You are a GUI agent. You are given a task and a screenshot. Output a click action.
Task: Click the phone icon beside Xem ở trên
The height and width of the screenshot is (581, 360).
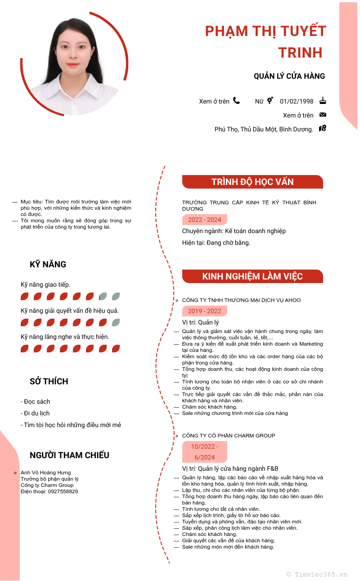(x=236, y=101)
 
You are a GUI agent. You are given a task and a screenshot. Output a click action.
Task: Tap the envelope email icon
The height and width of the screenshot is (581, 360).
(x=323, y=115)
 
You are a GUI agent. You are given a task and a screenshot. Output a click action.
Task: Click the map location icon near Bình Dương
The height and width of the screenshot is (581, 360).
(x=322, y=128)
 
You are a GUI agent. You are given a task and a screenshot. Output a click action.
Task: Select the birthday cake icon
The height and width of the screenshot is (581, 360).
(x=323, y=101)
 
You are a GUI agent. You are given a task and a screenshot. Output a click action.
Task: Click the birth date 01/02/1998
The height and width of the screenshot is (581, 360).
(x=297, y=101)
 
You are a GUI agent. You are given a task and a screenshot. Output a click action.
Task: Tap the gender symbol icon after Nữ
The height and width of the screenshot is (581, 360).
(x=270, y=101)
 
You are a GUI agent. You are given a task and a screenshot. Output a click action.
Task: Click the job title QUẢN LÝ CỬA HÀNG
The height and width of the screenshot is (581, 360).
(x=289, y=76)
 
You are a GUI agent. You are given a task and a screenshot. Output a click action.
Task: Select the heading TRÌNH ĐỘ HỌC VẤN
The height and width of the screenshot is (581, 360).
(x=252, y=182)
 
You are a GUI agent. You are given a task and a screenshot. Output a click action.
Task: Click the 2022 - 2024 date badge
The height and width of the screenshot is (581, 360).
(x=205, y=220)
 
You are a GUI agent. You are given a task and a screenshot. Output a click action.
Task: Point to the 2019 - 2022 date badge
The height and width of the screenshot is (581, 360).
(x=205, y=311)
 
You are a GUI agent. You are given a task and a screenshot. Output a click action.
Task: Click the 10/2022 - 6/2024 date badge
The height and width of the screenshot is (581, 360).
(x=205, y=452)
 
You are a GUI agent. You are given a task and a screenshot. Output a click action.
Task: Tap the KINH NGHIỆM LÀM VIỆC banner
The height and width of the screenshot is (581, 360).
(x=252, y=276)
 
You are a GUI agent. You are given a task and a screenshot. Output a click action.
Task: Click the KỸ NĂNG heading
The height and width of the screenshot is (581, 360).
(x=48, y=264)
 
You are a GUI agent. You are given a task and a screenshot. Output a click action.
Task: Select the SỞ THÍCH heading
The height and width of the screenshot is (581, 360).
(x=49, y=381)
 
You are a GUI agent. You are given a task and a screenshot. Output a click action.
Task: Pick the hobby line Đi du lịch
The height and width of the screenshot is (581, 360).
(x=36, y=413)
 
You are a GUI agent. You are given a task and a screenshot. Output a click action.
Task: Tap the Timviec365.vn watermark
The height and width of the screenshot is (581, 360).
(x=317, y=574)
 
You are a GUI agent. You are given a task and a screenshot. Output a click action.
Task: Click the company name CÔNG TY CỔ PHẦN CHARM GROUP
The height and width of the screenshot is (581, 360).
(x=229, y=436)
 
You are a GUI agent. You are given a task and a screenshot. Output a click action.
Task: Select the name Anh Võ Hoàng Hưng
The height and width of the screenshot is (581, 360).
(x=46, y=473)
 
